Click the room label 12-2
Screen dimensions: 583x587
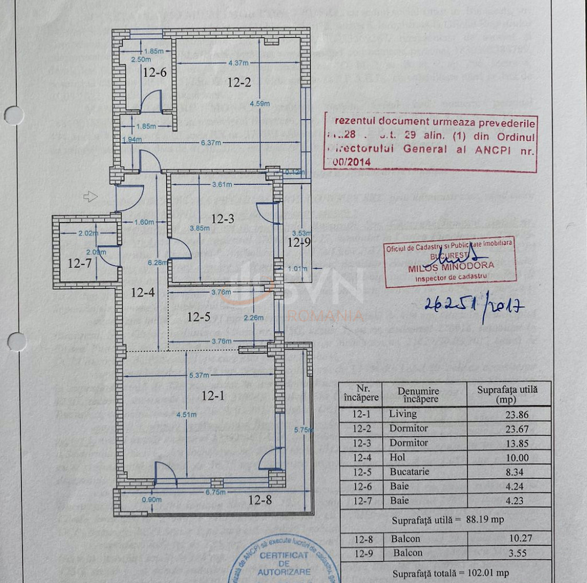coord(239,83)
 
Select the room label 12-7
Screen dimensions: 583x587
coord(79,264)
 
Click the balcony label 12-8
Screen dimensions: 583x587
coord(260,500)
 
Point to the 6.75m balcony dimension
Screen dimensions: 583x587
coord(215,491)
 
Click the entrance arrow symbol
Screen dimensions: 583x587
coord(90,197)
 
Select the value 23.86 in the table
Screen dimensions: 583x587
coord(508,414)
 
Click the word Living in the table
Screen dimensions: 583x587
coord(402,414)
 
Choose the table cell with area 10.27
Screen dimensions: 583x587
coord(508,539)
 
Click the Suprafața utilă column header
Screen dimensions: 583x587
coord(508,394)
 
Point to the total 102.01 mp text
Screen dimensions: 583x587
coord(450,573)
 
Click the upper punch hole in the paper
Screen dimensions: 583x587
coord(13,115)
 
